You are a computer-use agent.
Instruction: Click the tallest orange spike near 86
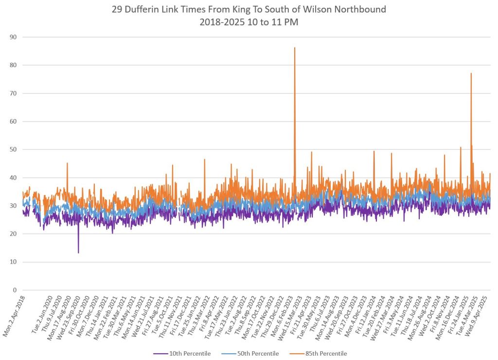pyautogui.click(x=295, y=48)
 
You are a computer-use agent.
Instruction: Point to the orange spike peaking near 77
pyautogui.click(x=471, y=74)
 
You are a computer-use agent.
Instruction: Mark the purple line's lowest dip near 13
pyautogui.click(x=78, y=252)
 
